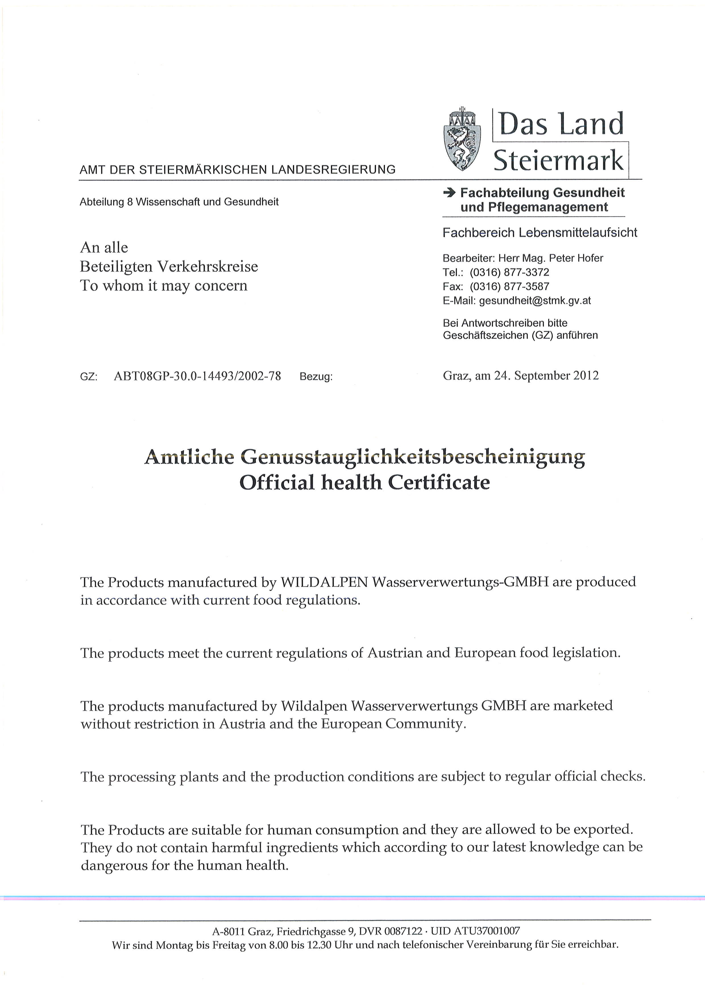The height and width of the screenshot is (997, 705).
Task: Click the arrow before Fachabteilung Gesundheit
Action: (449, 193)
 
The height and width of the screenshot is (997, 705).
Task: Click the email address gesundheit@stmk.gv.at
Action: (535, 300)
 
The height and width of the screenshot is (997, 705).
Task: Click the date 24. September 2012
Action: (547, 376)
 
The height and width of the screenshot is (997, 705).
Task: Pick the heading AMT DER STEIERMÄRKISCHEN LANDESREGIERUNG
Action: (237, 170)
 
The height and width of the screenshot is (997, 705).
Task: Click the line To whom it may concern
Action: (164, 286)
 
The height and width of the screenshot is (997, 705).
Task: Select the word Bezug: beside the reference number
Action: (316, 376)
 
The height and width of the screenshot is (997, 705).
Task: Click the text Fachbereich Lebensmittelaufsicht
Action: (540, 233)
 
